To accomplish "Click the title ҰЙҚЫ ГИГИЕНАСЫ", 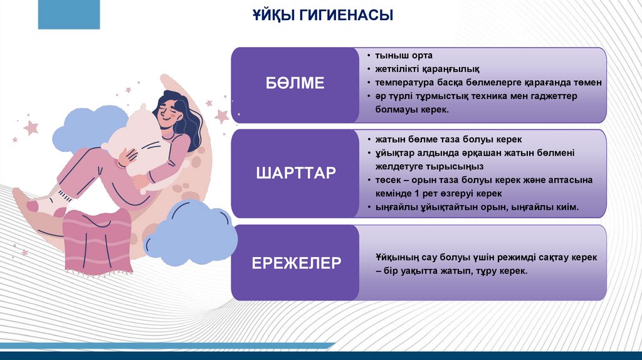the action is [323, 15].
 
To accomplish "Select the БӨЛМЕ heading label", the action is [295, 83].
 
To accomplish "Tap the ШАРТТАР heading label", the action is [296, 173].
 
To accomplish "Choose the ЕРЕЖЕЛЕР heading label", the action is [296, 263].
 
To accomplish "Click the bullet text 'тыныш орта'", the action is [404, 55].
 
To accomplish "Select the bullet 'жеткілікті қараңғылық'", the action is [427, 69].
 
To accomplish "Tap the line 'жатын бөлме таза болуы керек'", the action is [448, 139].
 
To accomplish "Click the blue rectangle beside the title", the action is [69, 14].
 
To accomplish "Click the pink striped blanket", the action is [97, 241].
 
